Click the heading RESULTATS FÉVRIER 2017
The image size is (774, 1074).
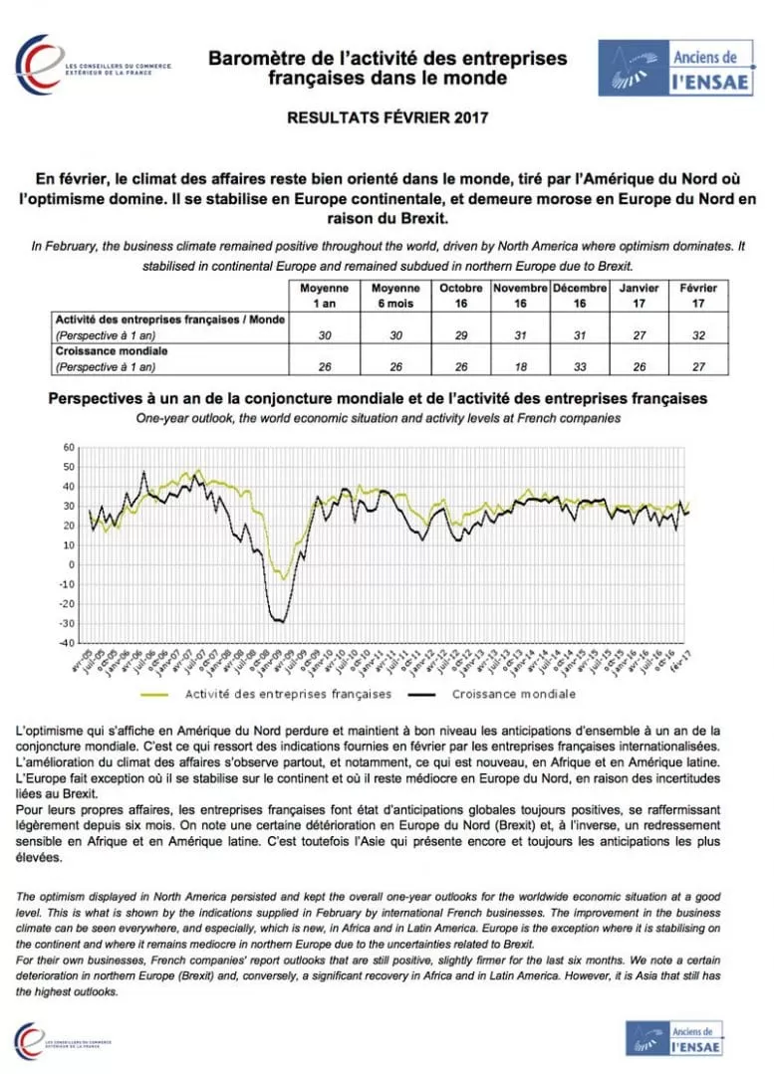pos(387,117)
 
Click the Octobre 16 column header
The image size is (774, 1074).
pos(459,295)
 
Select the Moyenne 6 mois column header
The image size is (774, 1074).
pos(392,295)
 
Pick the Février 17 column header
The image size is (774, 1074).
pos(697,295)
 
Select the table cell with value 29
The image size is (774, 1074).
pos(459,335)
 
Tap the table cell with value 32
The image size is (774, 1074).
pos(697,335)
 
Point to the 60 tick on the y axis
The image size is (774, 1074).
pos(69,447)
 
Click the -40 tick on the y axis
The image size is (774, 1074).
pos(67,643)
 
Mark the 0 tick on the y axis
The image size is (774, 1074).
pos(72,564)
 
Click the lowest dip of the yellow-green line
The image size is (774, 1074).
pos(285,578)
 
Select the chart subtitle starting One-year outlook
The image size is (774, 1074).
pos(378,418)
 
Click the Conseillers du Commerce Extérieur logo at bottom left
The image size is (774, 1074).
pos(62,1042)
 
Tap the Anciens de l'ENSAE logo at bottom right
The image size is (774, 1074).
pos(674,1038)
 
